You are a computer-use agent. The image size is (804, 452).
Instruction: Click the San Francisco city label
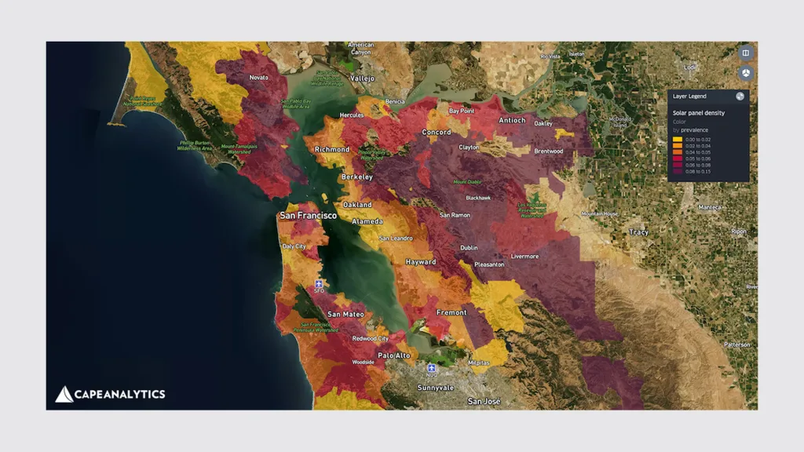click(308, 215)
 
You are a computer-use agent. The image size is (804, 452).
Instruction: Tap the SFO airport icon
click(319, 284)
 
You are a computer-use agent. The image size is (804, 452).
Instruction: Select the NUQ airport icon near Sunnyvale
click(431, 367)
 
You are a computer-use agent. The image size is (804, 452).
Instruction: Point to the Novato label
click(258, 78)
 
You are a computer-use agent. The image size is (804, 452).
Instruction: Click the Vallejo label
click(364, 78)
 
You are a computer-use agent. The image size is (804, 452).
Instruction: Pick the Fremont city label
click(451, 312)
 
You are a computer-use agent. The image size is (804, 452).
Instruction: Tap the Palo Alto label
click(394, 355)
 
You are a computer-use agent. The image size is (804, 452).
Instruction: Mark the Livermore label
click(524, 257)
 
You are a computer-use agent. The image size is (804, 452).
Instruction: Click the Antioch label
click(512, 120)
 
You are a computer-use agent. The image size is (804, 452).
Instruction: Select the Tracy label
click(639, 232)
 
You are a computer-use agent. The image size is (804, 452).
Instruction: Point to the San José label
click(484, 401)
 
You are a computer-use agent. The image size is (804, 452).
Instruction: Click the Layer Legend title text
click(690, 97)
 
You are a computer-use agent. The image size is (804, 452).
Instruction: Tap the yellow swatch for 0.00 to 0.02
click(677, 139)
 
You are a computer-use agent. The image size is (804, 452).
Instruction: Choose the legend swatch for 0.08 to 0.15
click(677, 170)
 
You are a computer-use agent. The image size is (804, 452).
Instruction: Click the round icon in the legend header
click(740, 97)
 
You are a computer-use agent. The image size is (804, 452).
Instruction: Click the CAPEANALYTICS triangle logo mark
click(64, 394)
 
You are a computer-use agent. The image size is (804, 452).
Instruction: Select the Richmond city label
click(331, 149)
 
